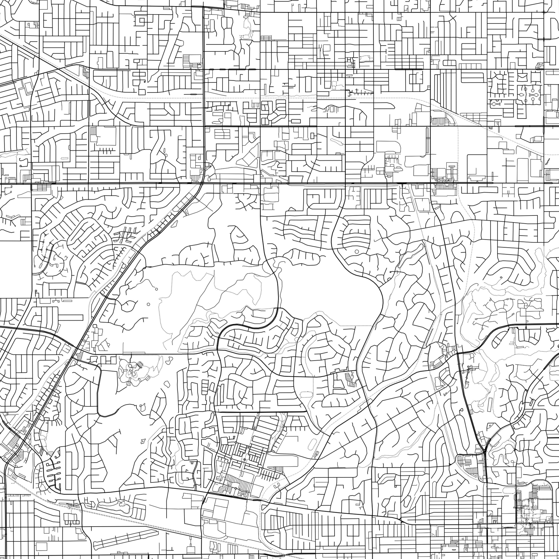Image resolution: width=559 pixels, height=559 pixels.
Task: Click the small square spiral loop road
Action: pyautogui.click(x=142, y=20)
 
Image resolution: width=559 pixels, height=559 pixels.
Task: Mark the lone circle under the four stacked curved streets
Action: pyautogui.click(x=356, y=252)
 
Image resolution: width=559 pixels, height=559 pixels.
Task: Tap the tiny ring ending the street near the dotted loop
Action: pyautogui.click(x=391, y=272)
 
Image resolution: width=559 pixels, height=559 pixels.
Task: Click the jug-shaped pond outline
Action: pyautogui.click(x=142, y=408)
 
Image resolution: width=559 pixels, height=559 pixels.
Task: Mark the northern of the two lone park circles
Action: pyautogui.click(x=156, y=289)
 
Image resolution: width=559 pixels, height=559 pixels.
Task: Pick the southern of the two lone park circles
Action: pyautogui.click(x=149, y=304)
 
